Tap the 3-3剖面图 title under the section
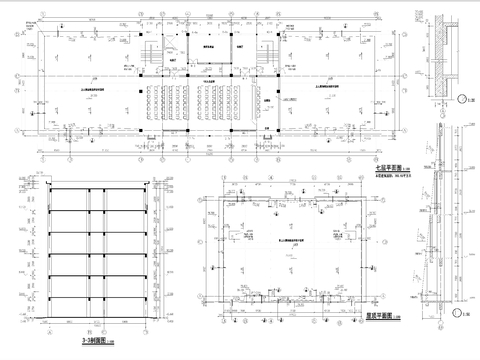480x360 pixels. (x=88, y=341)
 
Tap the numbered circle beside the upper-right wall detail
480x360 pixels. (x=463, y=97)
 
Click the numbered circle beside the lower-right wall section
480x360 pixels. (x=463, y=316)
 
